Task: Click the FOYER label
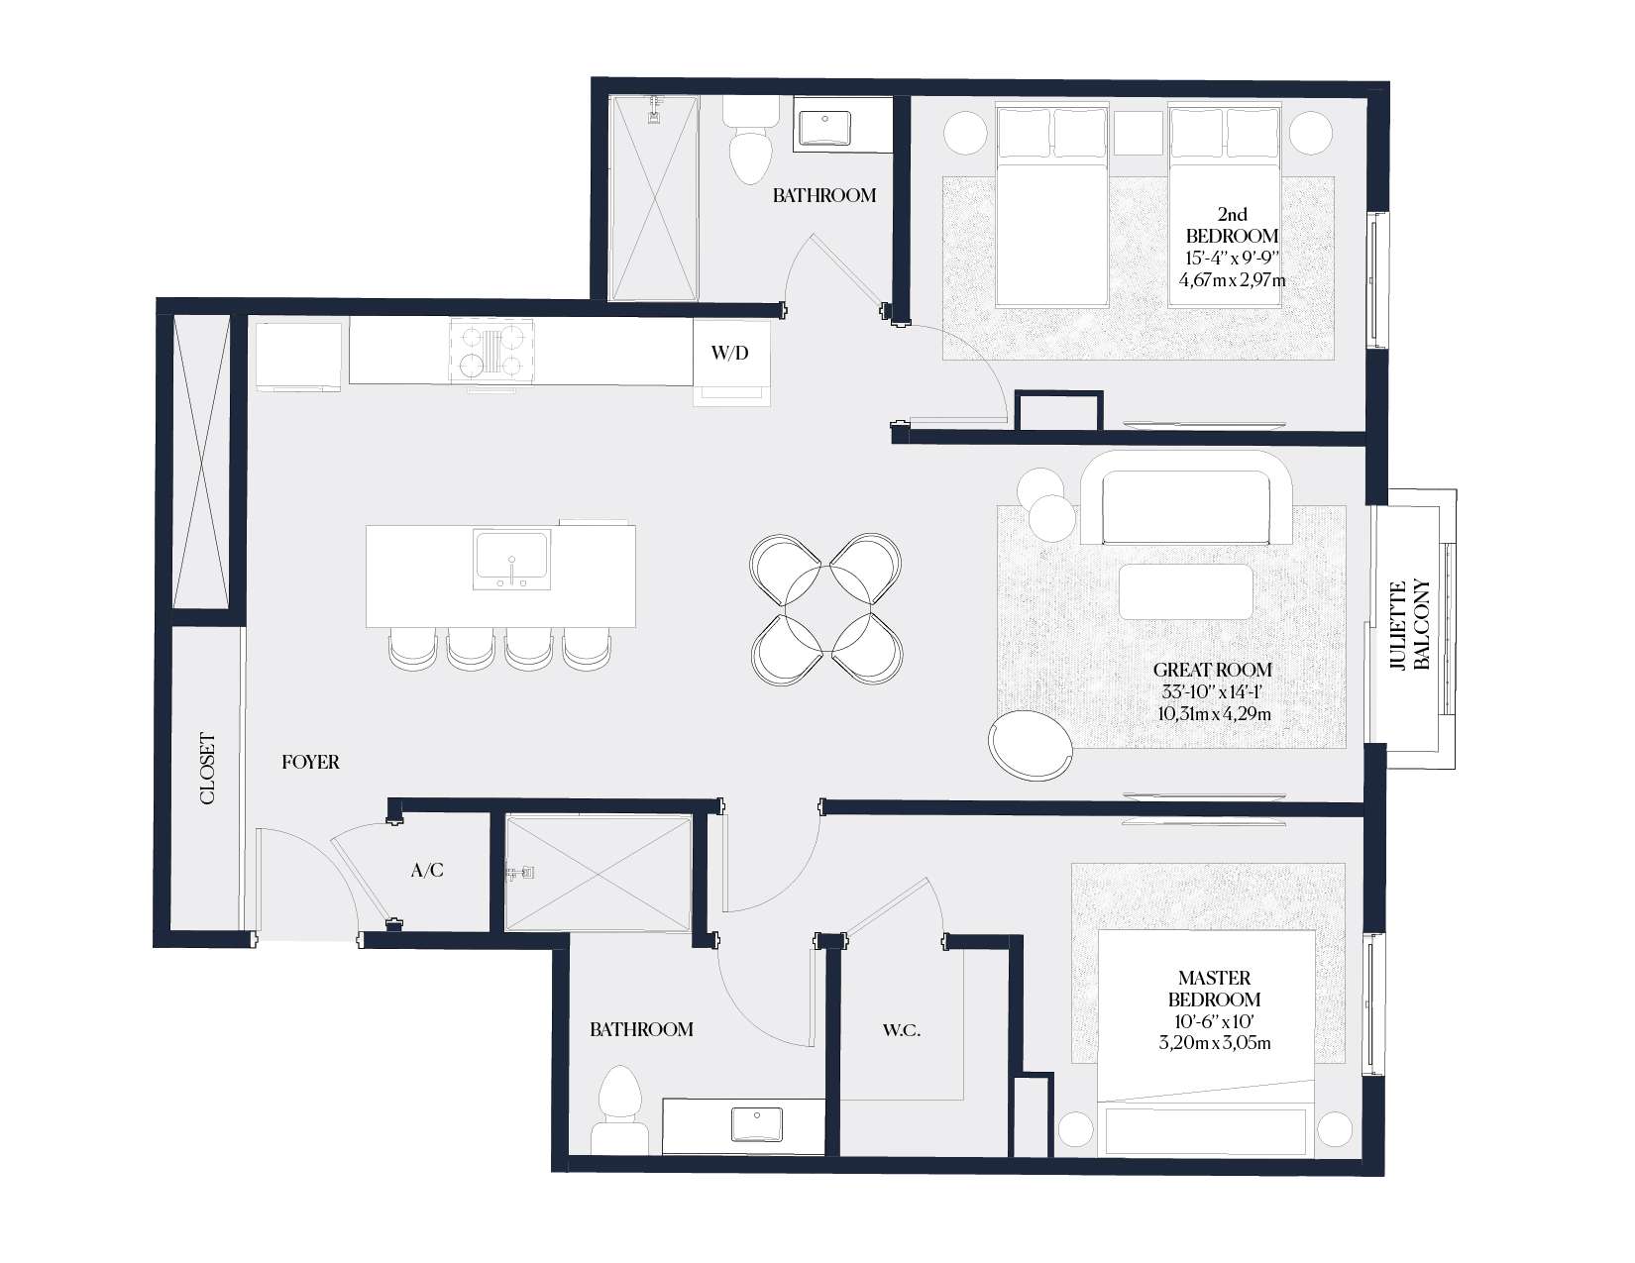[x=310, y=762]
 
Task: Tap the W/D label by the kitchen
[x=730, y=353]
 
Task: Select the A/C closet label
[x=427, y=871]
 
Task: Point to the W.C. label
[x=902, y=1030]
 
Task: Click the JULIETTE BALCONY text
[x=1409, y=625]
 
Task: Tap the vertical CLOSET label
[x=208, y=769]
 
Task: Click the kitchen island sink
[x=511, y=560]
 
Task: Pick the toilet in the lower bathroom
[x=620, y=1110]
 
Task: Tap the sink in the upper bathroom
[x=824, y=129]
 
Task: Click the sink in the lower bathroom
[x=756, y=1124]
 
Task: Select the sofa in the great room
[x=1186, y=498]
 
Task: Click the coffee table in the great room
[x=1185, y=592]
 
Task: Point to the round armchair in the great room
[x=1031, y=746]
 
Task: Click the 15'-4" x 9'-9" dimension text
[x=1232, y=258]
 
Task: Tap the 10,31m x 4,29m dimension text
[x=1214, y=714]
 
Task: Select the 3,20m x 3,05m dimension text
[x=1215, y=1043]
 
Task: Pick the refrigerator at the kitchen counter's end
[x=298, y=357]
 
